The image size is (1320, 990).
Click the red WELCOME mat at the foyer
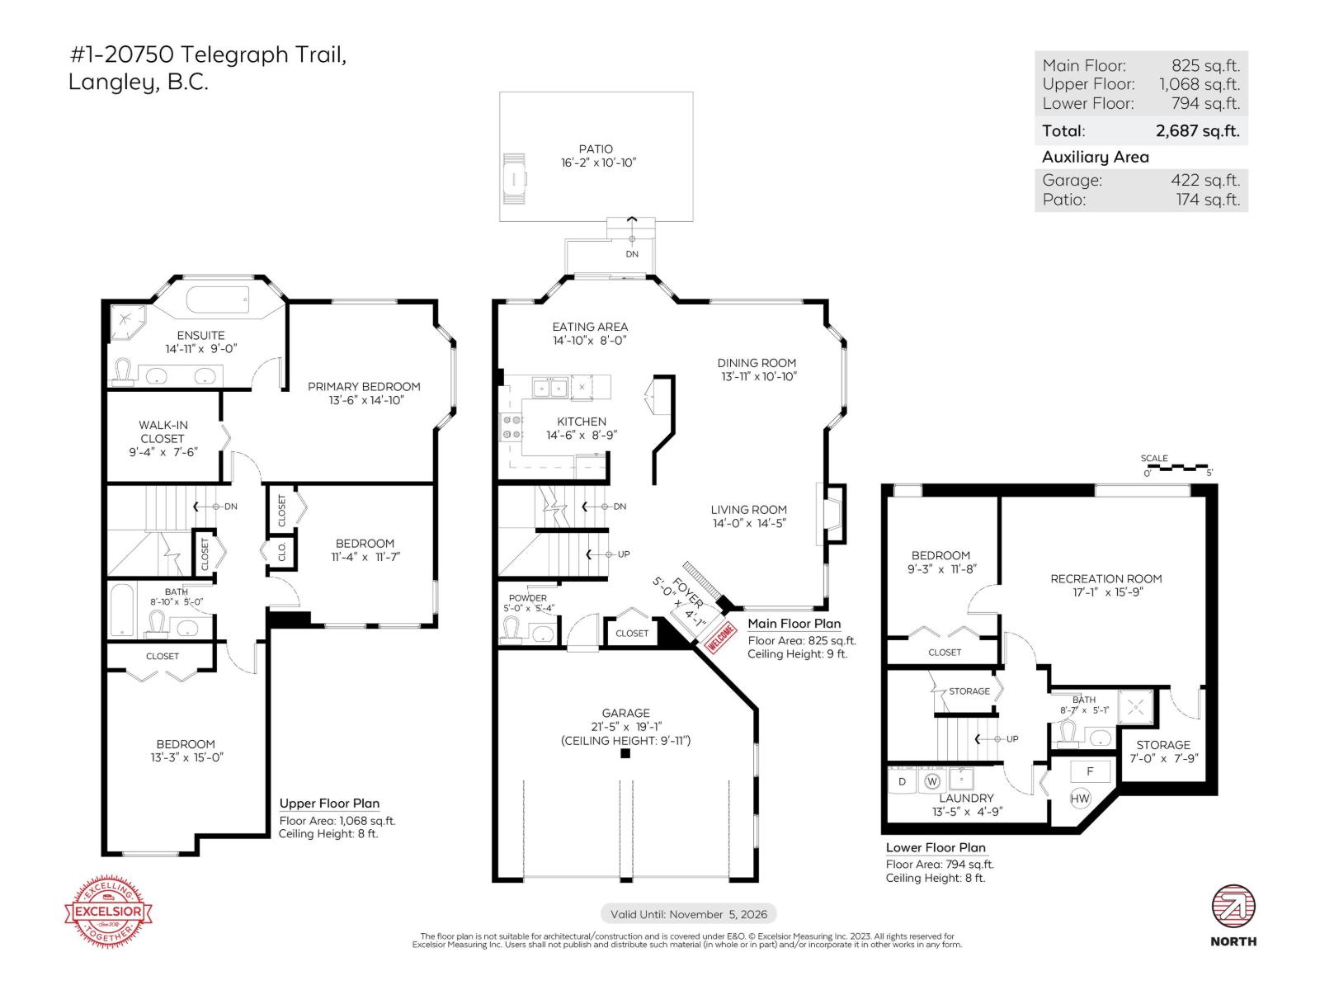719,638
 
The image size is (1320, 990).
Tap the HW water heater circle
1080,798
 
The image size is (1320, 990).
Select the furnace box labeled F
1089,771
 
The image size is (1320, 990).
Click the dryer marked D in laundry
903,780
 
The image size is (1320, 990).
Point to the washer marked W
932,780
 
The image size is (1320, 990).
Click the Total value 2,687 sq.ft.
1197,130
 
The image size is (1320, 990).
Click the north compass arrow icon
1233,907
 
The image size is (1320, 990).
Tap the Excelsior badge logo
109,912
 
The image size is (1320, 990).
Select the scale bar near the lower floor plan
1178,468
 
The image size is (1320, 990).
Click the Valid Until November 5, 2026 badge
689,913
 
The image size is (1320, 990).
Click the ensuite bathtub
218,299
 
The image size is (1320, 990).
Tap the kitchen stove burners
511,427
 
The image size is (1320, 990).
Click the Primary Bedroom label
364,386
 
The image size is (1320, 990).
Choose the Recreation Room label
1105,578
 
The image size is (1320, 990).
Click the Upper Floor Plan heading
329,803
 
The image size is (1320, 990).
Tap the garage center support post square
625,752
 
